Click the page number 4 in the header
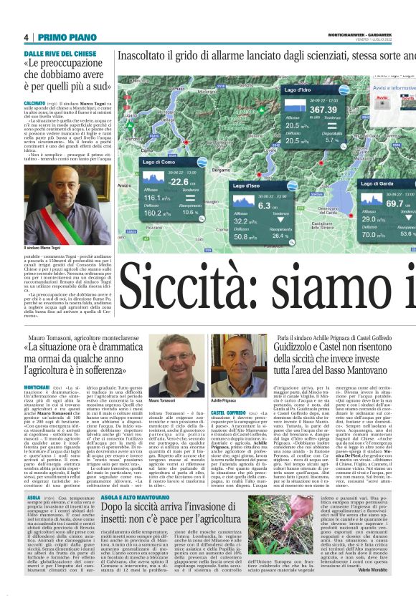point(26,37)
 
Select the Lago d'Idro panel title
point(296,90)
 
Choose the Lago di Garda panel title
point(377,183)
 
